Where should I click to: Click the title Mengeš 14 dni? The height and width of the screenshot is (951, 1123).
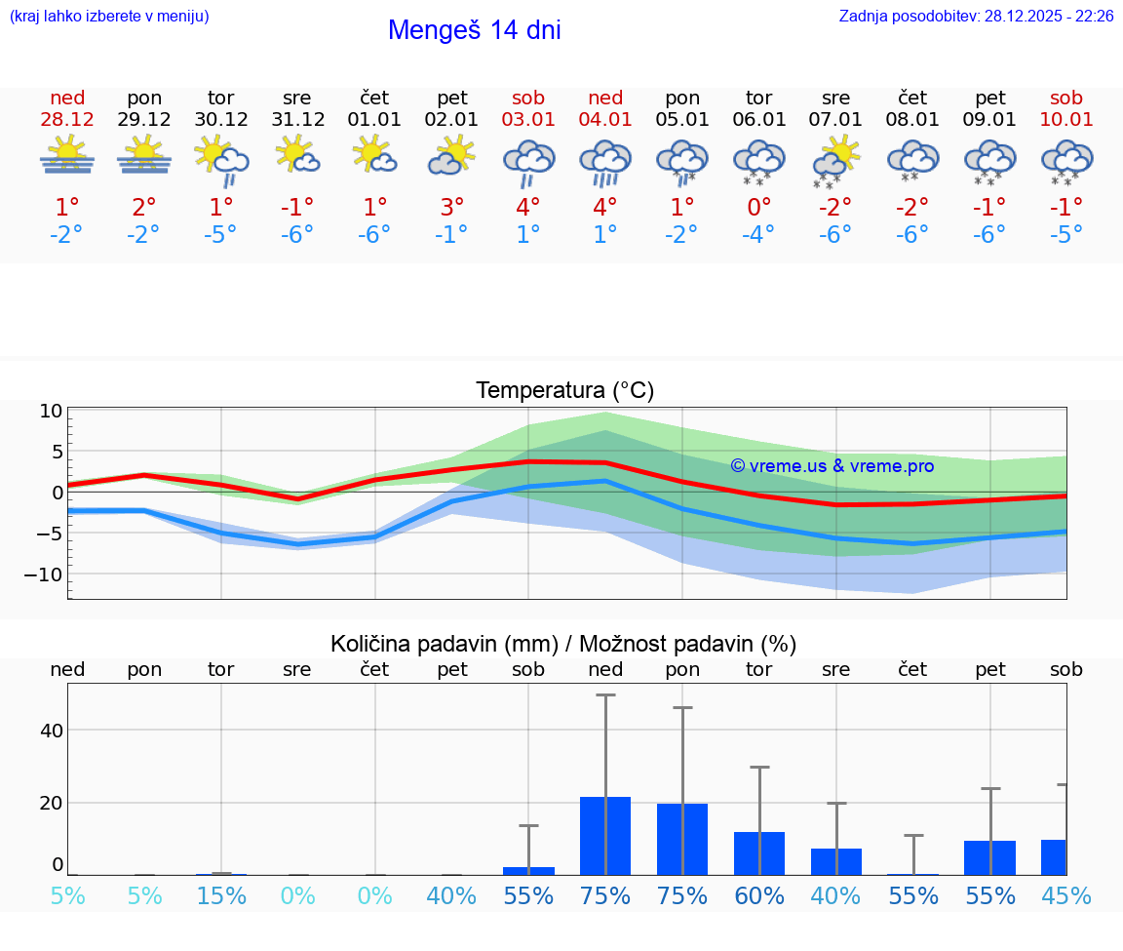click(x=474, y=30)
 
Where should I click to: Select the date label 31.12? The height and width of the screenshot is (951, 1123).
click(x=297, y=120)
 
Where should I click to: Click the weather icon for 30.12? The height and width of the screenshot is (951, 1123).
click(x=221, y=160)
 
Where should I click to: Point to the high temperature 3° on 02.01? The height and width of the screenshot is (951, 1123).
click(x=451, y=208)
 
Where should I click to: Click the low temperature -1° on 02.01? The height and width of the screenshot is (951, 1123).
click(x=451, y=235)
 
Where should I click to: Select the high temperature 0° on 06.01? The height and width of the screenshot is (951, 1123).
click(x=758, y=208)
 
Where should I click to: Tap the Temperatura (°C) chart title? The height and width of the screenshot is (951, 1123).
click(x=564, y=391)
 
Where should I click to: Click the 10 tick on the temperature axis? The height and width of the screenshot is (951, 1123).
click(x=51, y=411)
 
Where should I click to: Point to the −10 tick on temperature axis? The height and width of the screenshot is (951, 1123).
click(x=44, y=575)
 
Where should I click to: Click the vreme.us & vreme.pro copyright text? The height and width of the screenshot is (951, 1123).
click(x=832, y=466)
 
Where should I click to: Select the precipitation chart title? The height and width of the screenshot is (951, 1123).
click(x=563, y=644)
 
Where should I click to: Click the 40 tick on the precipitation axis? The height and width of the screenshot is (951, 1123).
click(x=52, y=731)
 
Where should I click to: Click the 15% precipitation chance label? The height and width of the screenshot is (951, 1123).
click(x=221, y=896)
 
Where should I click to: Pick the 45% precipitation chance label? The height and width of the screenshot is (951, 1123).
click(x=1065, y=896)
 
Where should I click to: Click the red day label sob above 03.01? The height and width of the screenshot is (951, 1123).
click(x=528, y=99)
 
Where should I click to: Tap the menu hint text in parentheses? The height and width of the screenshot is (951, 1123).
click(x=109, y=16)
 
